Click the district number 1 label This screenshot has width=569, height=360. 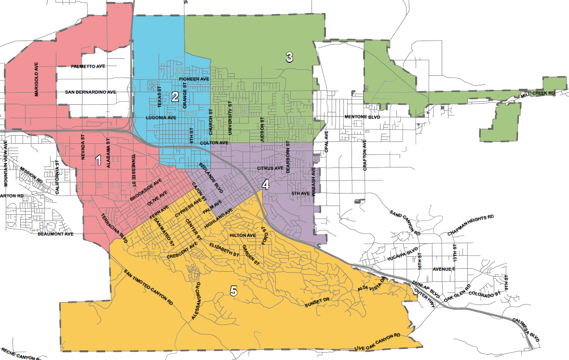point(98,160)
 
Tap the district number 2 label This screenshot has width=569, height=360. point(175,97)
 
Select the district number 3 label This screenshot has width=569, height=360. point(289,57)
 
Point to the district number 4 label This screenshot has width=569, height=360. point(265,184)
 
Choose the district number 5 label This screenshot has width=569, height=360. point(234,291)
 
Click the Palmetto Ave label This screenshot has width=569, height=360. point(88,66)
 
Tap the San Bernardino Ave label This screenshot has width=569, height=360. point(91,92)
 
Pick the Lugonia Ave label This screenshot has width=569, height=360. point(161,117)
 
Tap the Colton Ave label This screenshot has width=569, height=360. point(214,143)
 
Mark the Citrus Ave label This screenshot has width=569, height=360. point(270,168)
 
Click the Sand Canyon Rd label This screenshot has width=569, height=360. point(405,222)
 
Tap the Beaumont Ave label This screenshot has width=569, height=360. point(55,234)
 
